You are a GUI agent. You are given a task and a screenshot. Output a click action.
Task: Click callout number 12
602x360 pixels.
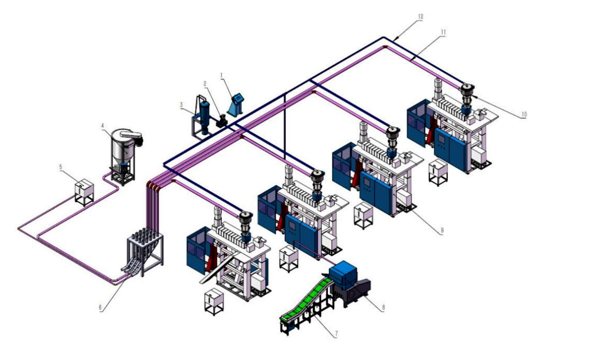tap(420, 17)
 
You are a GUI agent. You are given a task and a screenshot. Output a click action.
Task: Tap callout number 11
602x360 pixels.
tap(443, 32)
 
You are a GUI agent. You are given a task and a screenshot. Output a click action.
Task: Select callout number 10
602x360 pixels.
tap(524, 114)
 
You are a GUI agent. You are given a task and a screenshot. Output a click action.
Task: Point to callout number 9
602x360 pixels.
tap(442, 230)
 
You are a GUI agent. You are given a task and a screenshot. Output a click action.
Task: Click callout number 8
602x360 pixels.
tap(383, 308)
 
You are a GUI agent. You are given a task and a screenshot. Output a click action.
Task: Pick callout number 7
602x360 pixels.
tap(336, 334)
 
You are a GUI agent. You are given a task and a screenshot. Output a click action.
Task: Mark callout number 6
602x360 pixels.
tap(100, 307)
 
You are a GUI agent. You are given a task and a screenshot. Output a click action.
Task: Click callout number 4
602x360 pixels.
tap(103, 126)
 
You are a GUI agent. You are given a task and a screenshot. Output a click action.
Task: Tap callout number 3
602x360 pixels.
tap(181, 105)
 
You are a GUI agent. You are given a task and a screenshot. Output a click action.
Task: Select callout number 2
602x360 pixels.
tap(205, 83)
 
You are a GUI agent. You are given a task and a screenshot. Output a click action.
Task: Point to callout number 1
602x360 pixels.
tap(221, 75)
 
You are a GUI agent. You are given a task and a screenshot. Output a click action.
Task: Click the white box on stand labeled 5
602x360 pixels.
tap(84, 190)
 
